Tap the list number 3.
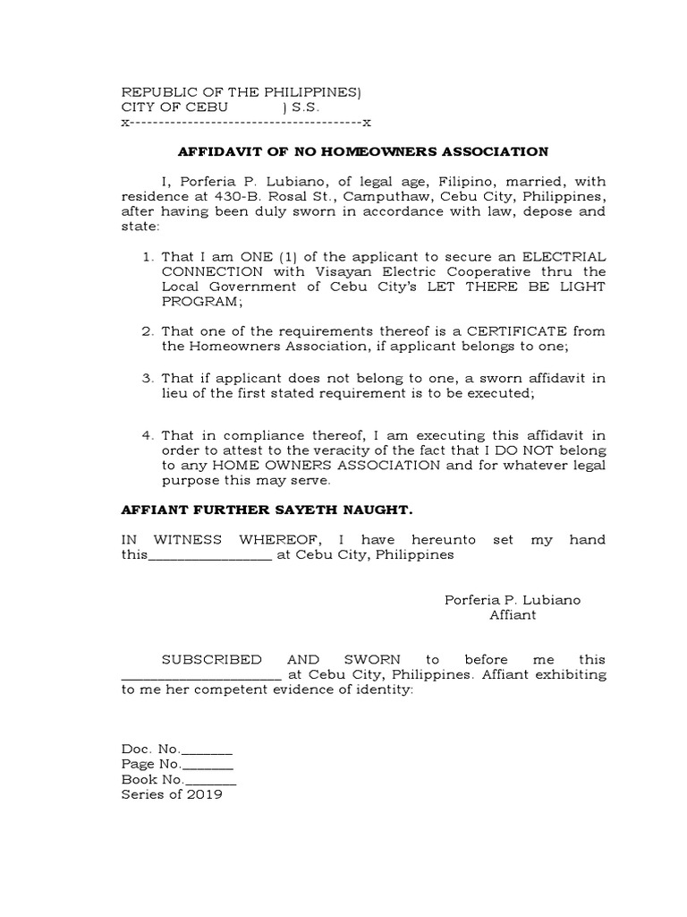[148, 379]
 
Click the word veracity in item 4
[356, 450]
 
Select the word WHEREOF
[265, 540]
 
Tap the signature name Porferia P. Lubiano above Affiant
[513, 600]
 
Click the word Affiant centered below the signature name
[513, 615]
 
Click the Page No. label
[150, 764]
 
